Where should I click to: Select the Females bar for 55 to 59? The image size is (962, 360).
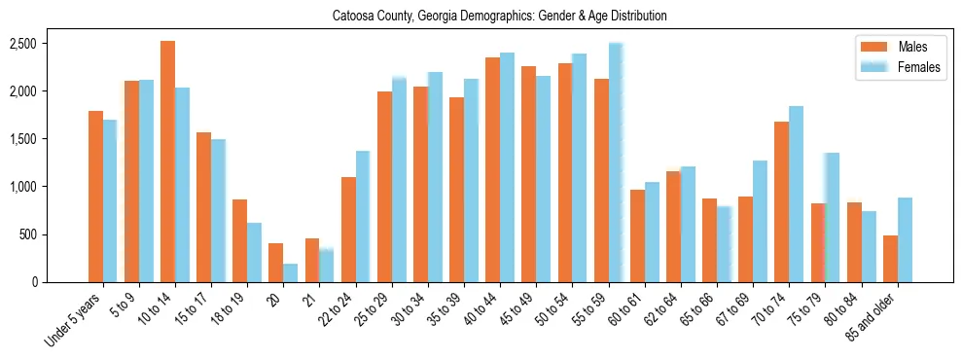tap(616, 162)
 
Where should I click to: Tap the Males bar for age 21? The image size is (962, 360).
tap(312, 260)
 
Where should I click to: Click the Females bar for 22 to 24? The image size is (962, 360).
tap(363, 216)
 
